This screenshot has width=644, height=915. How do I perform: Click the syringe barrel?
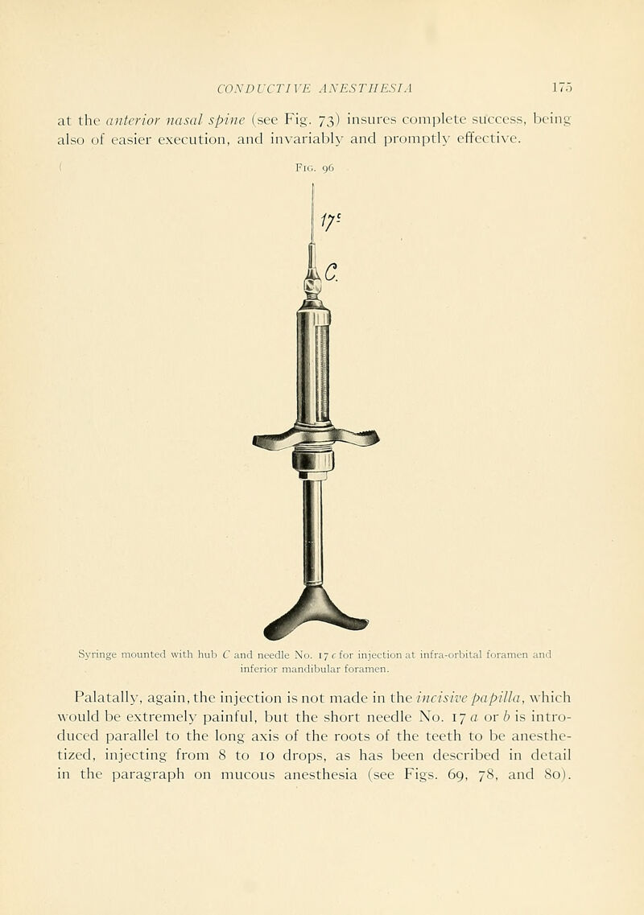(313, 366)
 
